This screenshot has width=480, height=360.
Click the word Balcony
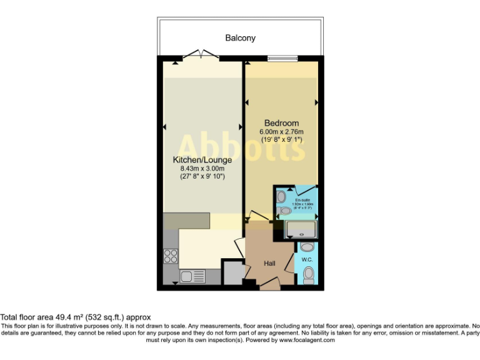pyautogui.click(x=240, y=38)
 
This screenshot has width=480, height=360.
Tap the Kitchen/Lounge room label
pyautogui.click(x=198, y=160)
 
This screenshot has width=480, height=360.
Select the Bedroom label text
pyautogui.click(x=281, y=122)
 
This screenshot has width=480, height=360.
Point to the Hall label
pyautogui.click(x=269, y=264)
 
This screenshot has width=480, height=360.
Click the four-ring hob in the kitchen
pyautogui.click(x=170, y=255)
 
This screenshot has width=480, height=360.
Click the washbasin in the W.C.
pyautogui.click(x=306, y=247)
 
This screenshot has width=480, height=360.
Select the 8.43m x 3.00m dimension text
pyautogui.click(x=198, y=169)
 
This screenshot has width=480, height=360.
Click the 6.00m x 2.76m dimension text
pyautogui.click(x=281, y=132)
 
